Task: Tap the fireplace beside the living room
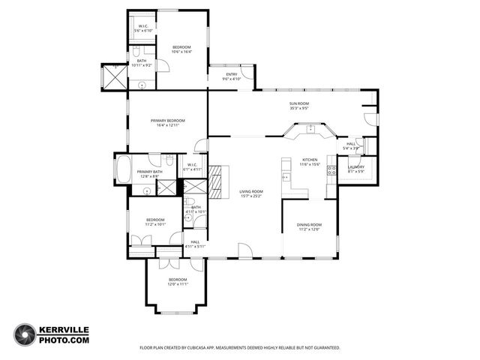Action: click(217, 182)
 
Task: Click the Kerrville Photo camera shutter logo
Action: click(25, 334)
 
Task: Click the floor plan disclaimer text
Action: click(240, 348)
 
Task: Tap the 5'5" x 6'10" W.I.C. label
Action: click(142, 28)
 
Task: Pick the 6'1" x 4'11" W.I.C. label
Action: click(193, 167)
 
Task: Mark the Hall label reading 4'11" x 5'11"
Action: click(194, 244)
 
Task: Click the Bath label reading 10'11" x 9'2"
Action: click(142, 63)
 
